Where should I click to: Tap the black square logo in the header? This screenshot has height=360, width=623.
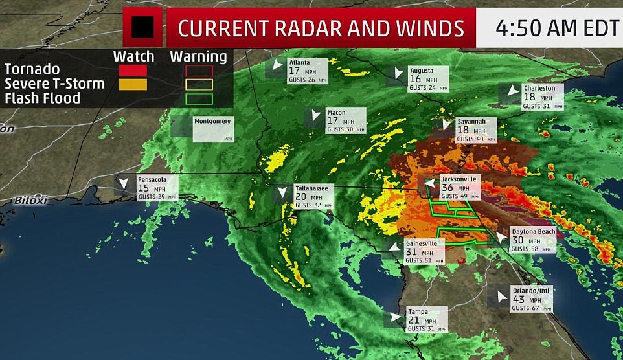tap(142, 27)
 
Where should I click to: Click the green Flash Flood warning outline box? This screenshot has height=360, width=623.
tap(198, 98)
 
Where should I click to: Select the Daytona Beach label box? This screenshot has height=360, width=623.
tap(532, 240)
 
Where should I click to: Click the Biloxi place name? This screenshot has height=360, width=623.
tap(32, 200)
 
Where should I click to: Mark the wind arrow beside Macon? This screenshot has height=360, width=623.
tap(315, 115)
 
